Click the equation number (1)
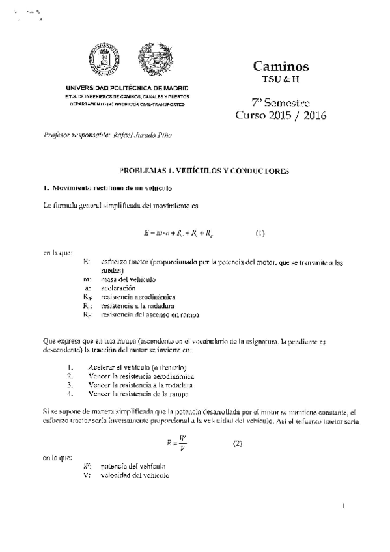pyautogui.click(x=260, y=232)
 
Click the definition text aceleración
pyautogui.click(x=118, y=287)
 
